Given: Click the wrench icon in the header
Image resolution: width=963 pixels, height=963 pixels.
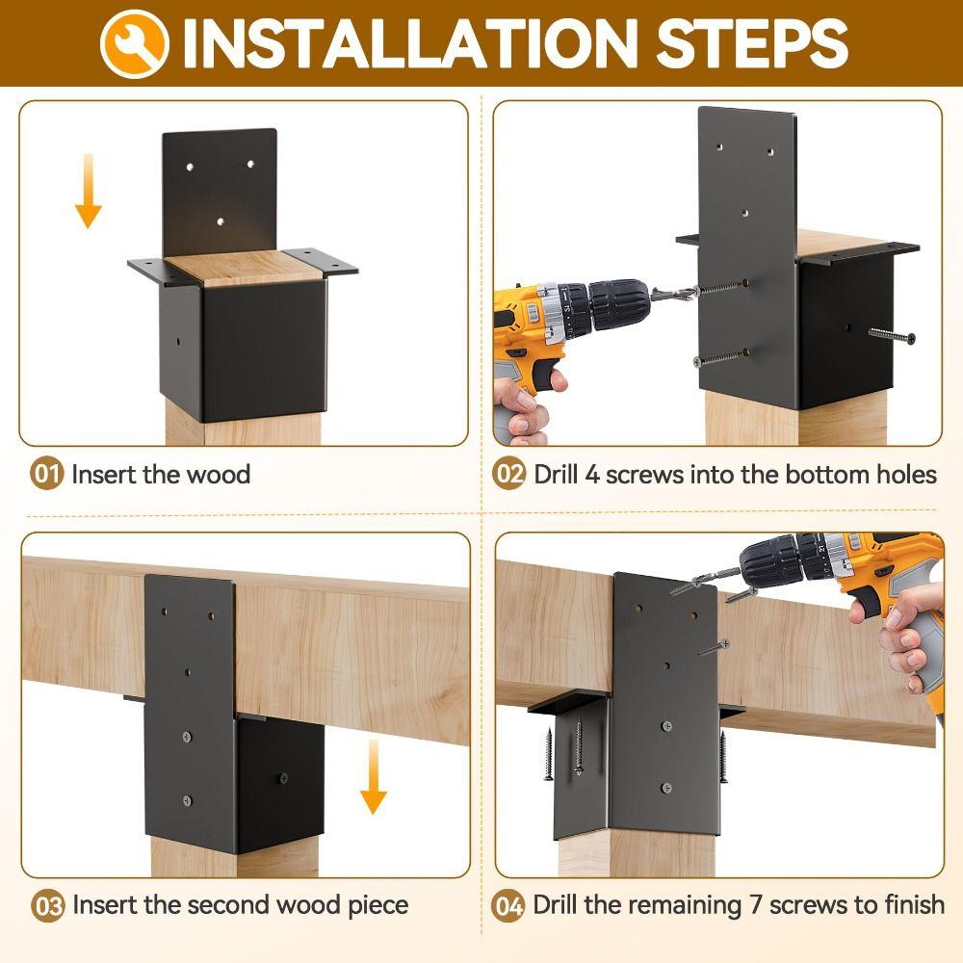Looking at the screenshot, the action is [x=135, y=44].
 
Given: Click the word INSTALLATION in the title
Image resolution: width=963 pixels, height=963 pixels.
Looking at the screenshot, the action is [x=408, y=43].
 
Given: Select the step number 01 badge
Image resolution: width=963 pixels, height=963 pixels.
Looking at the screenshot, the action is [x=46, y=474].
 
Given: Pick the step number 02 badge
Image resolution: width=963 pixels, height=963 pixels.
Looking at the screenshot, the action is [x=508, y=474].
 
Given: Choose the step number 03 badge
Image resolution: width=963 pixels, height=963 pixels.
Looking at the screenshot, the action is [x=47, y=905].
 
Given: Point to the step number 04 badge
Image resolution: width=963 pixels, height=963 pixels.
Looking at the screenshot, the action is [x=508, y=905].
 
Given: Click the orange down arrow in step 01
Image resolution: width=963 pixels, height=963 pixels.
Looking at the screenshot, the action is [x=89, y=191].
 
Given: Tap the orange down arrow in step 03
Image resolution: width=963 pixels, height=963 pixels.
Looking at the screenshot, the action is [x=374, y=777].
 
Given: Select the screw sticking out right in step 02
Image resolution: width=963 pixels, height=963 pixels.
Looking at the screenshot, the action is [x=892, y=335].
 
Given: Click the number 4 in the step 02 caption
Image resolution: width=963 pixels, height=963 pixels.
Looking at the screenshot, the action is [x=592, y=475].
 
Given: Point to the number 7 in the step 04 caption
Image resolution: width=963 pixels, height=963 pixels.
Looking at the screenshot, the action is [x=756, y=905].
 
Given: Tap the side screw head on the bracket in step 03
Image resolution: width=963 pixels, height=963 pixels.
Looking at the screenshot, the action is [x=283, y=779].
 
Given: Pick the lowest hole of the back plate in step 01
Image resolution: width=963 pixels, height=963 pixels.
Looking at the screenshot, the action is [x=221, y=221].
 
